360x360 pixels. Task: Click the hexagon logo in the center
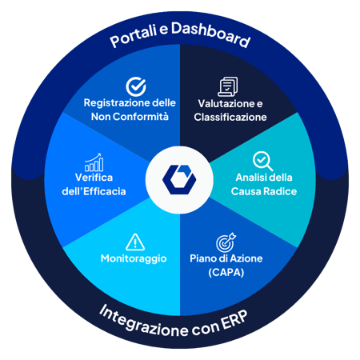[x=179, y=179]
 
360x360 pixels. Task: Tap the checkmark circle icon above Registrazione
[x=136, y=86]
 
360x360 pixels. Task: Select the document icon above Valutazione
[x=228, y=86]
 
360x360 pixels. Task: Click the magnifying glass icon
[x=262, y=161]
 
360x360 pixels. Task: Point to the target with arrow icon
[x=226, y=242]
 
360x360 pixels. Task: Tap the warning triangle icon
[x=135, y=242]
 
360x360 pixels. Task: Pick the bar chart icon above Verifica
[x=94, y=162]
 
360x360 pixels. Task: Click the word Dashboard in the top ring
[x=210, y=34]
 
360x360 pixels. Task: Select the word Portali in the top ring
[x=134, y=38]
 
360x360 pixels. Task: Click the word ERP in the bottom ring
[x=234, y=321]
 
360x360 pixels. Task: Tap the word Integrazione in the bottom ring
[x=144, y=321]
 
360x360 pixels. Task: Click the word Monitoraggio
[x=134, y=258]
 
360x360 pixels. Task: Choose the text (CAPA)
[x=226, y=273]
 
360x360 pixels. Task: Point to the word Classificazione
[x=230, y=117]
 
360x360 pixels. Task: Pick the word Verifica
[x=94, y=178]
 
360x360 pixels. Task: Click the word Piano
[x=202, y=258]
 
